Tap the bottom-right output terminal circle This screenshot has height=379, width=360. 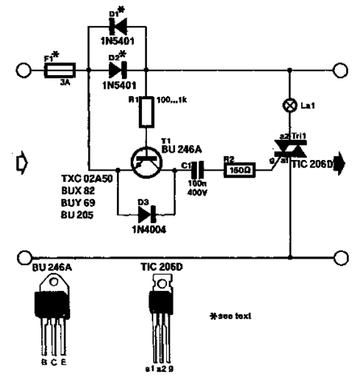click(342, 259)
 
